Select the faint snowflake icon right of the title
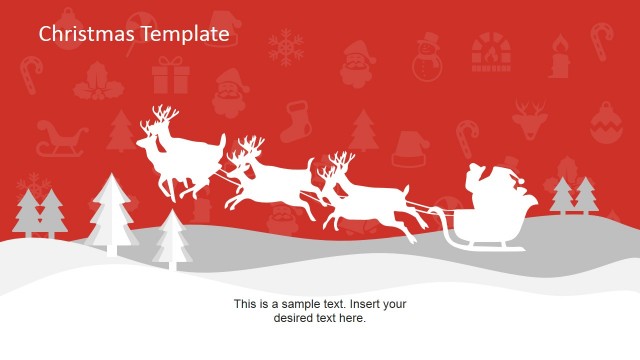tap(288, 47)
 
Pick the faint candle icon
tap(558, 57)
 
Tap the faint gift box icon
tap(170, 75)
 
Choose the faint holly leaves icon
tap(98, 80)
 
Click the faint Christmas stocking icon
tap(297, 121)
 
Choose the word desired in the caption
tap(297, 318)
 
